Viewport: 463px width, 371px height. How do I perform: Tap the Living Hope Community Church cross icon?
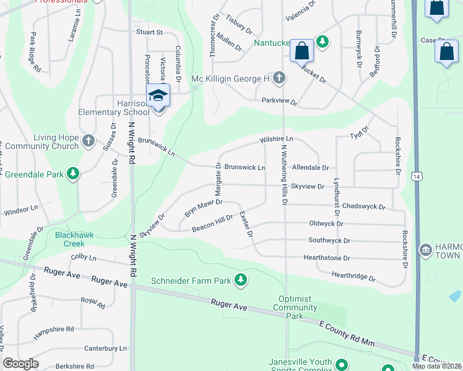point(88,140)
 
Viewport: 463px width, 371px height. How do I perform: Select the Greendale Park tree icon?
point(73,174)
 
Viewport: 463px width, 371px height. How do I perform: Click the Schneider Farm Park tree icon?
point(241,281)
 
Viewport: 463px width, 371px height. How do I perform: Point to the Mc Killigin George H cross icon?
point(279,79)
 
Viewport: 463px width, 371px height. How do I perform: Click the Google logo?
point(21,363)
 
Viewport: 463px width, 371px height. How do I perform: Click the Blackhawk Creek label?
point(78,239)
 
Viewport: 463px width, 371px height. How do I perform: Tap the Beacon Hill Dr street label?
point(212,223)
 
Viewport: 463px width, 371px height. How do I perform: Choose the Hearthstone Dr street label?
point(326,257)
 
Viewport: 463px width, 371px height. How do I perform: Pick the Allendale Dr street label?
point(310,168)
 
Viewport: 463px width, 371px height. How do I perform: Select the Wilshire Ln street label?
point(276,140)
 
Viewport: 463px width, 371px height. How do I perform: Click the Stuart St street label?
point(150,32)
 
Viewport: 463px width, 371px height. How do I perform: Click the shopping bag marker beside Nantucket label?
point(302,51)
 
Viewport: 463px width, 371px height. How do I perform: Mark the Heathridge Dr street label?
point(353,276)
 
